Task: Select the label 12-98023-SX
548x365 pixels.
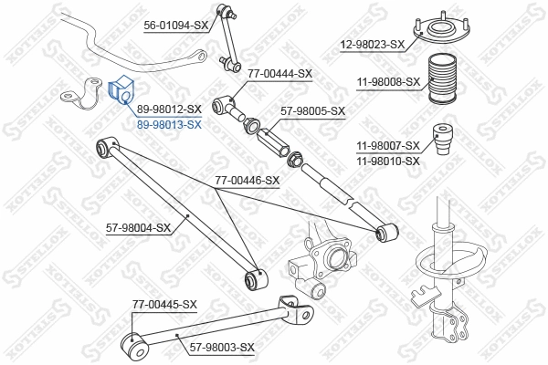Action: pos(372,44)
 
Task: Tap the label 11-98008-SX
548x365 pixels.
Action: pos(387,81)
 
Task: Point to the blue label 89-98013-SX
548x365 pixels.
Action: pos(169,123)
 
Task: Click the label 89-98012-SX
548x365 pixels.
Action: pos(169,109)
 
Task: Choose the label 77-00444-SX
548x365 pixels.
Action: pos(279,73)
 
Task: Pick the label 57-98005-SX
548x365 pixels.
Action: pos(312,111)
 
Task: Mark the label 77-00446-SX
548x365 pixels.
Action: pos(247,181)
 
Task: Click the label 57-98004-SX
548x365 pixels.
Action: pos(139,227)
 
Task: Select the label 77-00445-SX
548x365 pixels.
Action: pos(164,304)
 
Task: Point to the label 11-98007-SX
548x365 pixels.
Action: pos(387,146)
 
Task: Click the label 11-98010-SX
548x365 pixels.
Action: pos(387,161)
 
